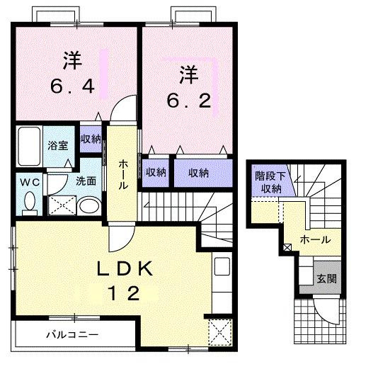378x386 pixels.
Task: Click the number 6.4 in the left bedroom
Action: coord(71,87)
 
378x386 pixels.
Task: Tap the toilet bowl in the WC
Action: coord(29,203)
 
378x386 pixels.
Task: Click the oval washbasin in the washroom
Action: coord(89,206)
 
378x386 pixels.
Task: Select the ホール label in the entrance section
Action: coord(315,239)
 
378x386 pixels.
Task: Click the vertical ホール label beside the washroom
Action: coord(122,174)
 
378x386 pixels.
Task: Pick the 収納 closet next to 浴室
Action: coord(91,139)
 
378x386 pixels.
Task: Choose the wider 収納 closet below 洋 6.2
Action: coord(198,172)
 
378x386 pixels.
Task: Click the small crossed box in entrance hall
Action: coord(287,248)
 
